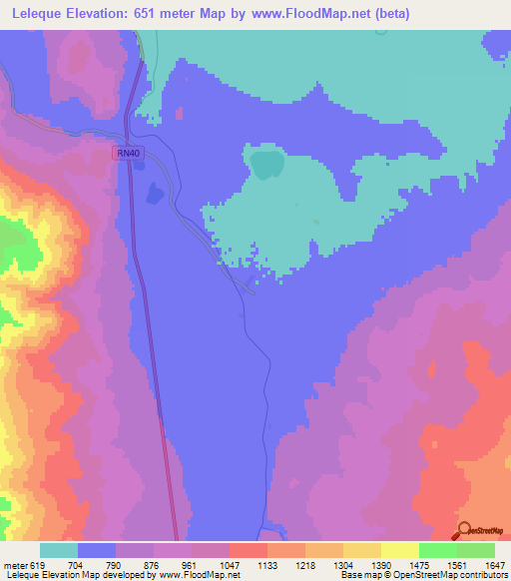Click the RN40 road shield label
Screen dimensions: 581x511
tap(128, 153)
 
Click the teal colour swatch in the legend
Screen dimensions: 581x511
tap(59, 550)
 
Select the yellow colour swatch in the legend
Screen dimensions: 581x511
tap(400, 550)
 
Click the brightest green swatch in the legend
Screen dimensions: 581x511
tap(438, 550)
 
